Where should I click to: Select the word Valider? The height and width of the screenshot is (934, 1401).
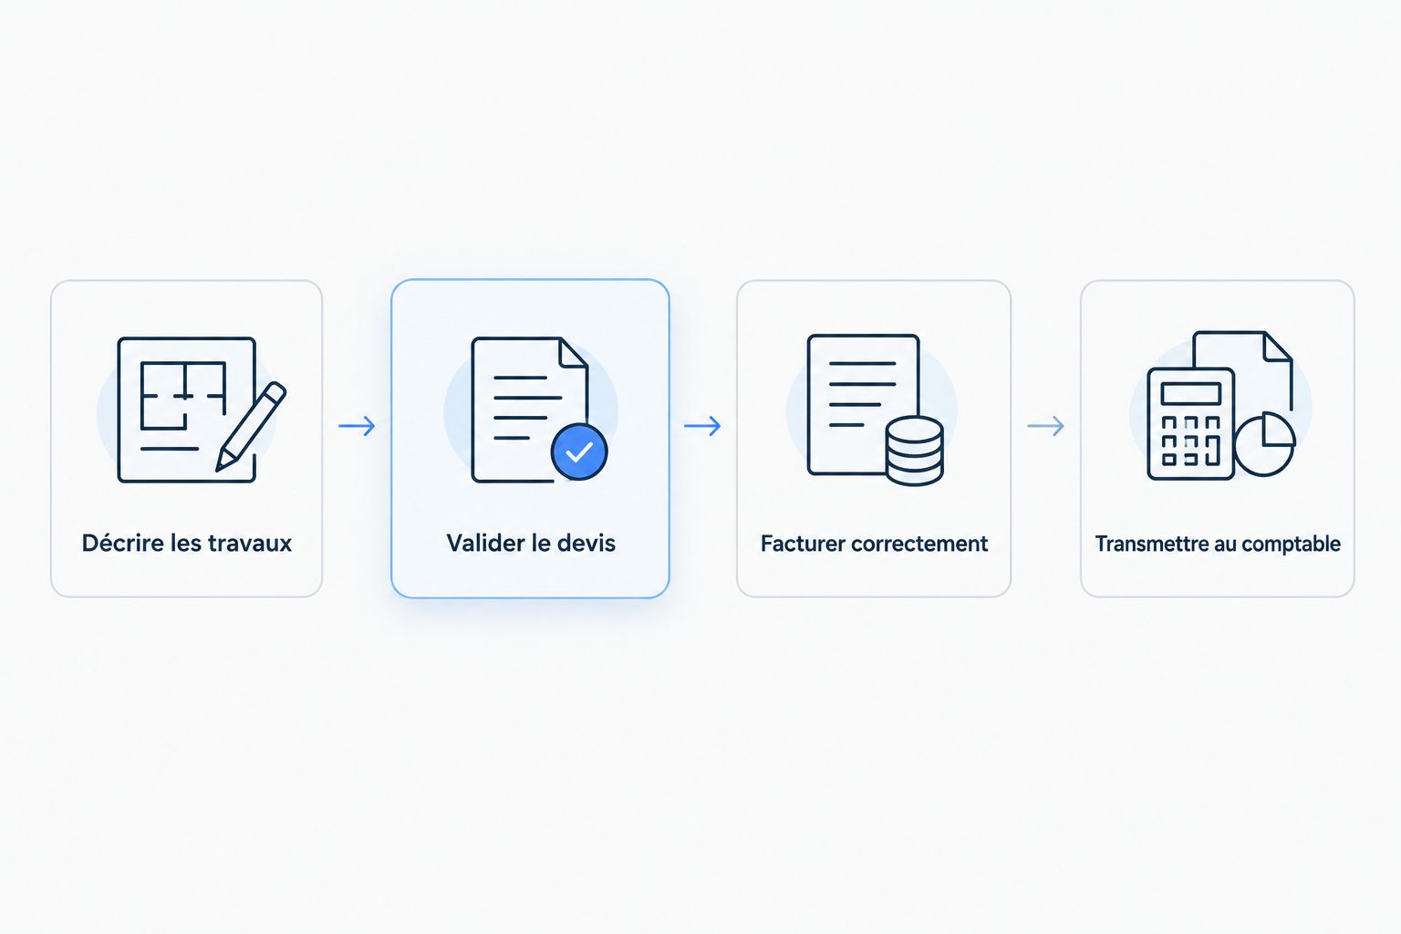tap(483, 543)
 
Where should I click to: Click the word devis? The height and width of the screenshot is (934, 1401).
tap(586, 543)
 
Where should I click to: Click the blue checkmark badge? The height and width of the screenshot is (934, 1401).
tap(579, 451)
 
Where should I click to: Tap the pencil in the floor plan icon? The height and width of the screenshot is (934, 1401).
tap(251, 427)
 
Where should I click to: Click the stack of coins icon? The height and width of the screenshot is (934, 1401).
tap(915, 451)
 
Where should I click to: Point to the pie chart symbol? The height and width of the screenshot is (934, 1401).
tap(1265, 444)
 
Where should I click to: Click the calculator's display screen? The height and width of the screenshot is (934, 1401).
tap(1191, 394)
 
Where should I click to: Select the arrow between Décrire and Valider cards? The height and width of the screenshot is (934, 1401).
tap(358, 426)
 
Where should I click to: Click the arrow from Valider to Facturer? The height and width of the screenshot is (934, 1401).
tap(702, 426)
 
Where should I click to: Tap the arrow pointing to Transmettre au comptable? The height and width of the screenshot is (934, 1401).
tap(1046, 426)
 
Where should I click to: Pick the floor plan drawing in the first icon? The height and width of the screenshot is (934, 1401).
tap(182, 395)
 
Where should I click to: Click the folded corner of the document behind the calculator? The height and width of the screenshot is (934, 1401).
tap(1278, 348)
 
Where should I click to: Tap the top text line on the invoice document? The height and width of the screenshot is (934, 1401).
tap(863, 363)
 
